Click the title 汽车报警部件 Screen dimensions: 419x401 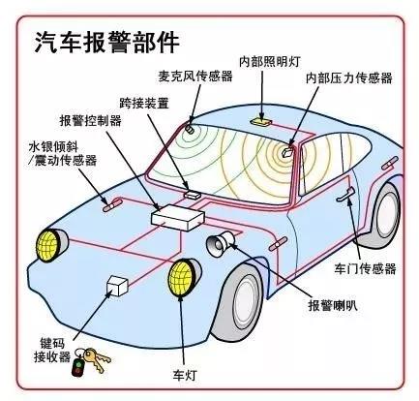[106, 43]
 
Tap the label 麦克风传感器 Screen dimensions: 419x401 [195, 77]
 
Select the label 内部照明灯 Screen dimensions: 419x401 [270, 61]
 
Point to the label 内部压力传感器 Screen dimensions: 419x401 [349, 77]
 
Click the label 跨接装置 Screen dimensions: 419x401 [144, 103]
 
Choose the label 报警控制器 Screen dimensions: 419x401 [91, 121]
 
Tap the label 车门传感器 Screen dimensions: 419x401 [365, 268]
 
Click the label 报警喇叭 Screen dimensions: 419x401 [333, 305]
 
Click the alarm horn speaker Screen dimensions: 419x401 [221, 243]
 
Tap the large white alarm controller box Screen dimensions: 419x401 [178, 218]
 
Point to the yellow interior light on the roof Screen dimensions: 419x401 [261, 122]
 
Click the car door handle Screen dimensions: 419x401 [345, 195]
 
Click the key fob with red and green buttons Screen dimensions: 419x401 [77, 366]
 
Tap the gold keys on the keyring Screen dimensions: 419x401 [97, 358]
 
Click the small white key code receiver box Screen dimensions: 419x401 [117, 286]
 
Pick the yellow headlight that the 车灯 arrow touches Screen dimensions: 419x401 [183, 278]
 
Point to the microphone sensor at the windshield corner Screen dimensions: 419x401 [190, 129]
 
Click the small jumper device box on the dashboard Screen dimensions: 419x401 [193, 195]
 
